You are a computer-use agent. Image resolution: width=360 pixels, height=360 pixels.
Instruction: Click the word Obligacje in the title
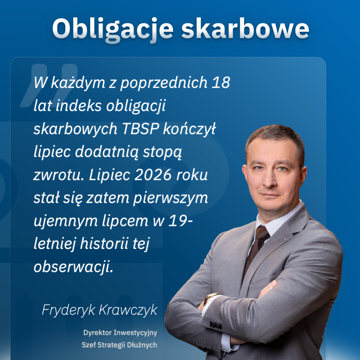113,29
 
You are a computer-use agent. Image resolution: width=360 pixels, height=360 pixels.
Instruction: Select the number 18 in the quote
221,82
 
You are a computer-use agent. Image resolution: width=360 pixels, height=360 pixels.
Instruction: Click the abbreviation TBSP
140,129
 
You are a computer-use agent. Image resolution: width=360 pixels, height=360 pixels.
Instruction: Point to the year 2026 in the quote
153,175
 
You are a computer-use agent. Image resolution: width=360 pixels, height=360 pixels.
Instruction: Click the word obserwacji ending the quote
73,267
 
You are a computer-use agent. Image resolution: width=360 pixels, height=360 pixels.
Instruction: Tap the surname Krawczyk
128,310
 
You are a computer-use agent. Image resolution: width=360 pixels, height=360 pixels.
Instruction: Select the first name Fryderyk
68,310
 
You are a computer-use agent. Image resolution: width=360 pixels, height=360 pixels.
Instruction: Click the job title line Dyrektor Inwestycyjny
120,333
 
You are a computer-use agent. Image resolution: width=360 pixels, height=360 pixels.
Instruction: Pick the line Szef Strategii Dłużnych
119,345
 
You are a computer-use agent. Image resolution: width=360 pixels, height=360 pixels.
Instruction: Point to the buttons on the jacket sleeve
216,324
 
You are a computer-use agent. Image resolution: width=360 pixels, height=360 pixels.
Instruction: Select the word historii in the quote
104,243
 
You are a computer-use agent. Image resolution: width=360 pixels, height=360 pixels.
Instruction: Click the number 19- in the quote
180,221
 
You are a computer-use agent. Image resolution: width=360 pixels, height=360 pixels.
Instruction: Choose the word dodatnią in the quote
107,152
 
